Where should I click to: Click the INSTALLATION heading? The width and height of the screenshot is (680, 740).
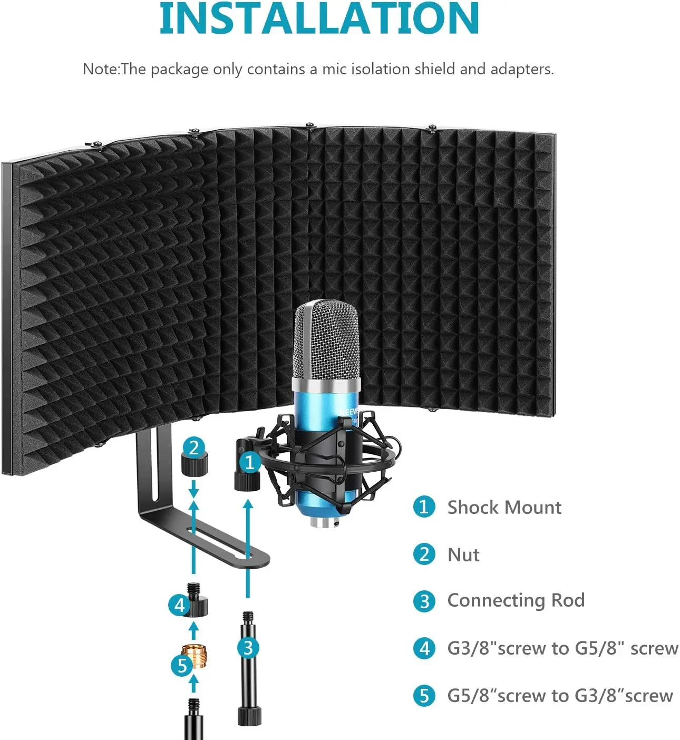pos(319,19)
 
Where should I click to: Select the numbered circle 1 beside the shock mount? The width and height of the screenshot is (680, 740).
pos(249,462)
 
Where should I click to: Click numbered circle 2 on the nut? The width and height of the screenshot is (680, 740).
pos(194,447)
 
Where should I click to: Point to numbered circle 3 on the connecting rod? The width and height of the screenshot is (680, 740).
pos(248,647)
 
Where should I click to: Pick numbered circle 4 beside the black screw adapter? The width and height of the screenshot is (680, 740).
pos(179,604)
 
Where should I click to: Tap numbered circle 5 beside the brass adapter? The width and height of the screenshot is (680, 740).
pos(182,665)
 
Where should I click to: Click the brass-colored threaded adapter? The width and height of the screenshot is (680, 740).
pos(194,656)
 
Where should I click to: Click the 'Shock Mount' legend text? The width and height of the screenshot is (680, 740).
pos(504,507)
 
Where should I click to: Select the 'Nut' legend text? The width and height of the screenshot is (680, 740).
pos(463,554)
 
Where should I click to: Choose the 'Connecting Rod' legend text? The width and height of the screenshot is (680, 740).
pos(516,600)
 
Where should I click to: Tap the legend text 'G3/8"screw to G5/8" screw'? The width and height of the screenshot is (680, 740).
pos(562,648)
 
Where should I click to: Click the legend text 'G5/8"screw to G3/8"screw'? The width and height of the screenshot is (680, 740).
pos(560,695)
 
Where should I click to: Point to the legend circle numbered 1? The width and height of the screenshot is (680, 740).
pos(424,507)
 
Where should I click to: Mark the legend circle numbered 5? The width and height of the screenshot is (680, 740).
pos(424,696)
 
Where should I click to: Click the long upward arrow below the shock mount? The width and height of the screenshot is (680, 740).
pos(248,548)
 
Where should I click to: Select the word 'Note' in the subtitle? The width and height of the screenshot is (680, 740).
pos(100,69)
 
